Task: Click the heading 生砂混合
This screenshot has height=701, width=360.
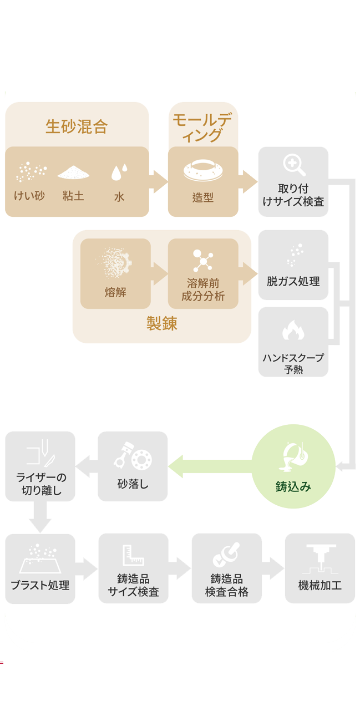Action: click(77, 126)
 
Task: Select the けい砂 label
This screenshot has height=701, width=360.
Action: click(29, 196)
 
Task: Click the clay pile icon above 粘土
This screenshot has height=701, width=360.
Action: click(73, 173)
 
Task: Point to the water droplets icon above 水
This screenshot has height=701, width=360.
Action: click(119, 173)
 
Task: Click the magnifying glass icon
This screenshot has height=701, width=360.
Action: click(293, 165)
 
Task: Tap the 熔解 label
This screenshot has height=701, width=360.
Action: click(115, 293)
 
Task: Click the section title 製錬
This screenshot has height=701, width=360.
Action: click(161, 324)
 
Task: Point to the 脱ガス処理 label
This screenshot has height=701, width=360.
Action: click(293, 282)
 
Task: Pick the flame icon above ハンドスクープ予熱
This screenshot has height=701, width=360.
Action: click(293, 331)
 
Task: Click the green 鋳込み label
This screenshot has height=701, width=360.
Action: click(293, 486)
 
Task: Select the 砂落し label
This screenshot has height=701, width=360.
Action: click(133, 484)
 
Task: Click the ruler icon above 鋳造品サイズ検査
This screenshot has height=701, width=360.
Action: click(133, 555)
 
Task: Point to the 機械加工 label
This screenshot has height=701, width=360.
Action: click(320, 585)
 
